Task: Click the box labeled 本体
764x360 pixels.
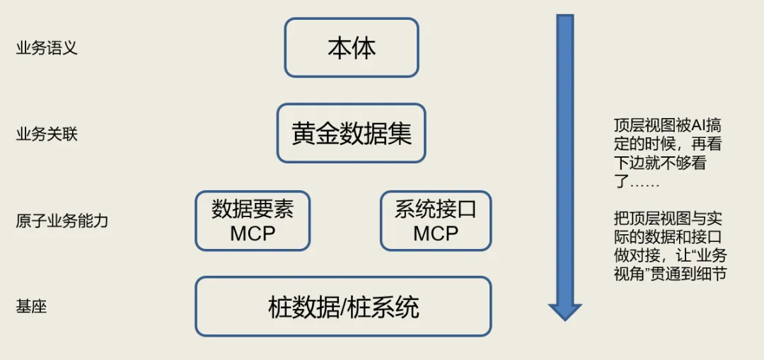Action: coord(352,47)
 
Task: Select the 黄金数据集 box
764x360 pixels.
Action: coord(352,133)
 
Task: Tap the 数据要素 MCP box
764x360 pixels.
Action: coord(253,221)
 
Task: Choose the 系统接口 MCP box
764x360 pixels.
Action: coord(436,221)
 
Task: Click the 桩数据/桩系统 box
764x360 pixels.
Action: coord(343,306)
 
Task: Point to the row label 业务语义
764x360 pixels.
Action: coord(47,49)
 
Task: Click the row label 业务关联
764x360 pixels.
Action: coord(47,135)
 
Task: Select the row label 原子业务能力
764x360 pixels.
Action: coord(62,221)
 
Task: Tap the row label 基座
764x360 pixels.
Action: coord(31,307)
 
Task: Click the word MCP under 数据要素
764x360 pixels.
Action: coord(253,233)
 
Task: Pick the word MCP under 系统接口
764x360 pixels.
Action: coord(436,233)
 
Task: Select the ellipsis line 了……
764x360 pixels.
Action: coord(637,182)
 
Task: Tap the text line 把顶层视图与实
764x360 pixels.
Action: coord(668,219)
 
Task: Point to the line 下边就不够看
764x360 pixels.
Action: coord(661,163)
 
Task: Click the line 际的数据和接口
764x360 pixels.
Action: coord(668,237)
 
